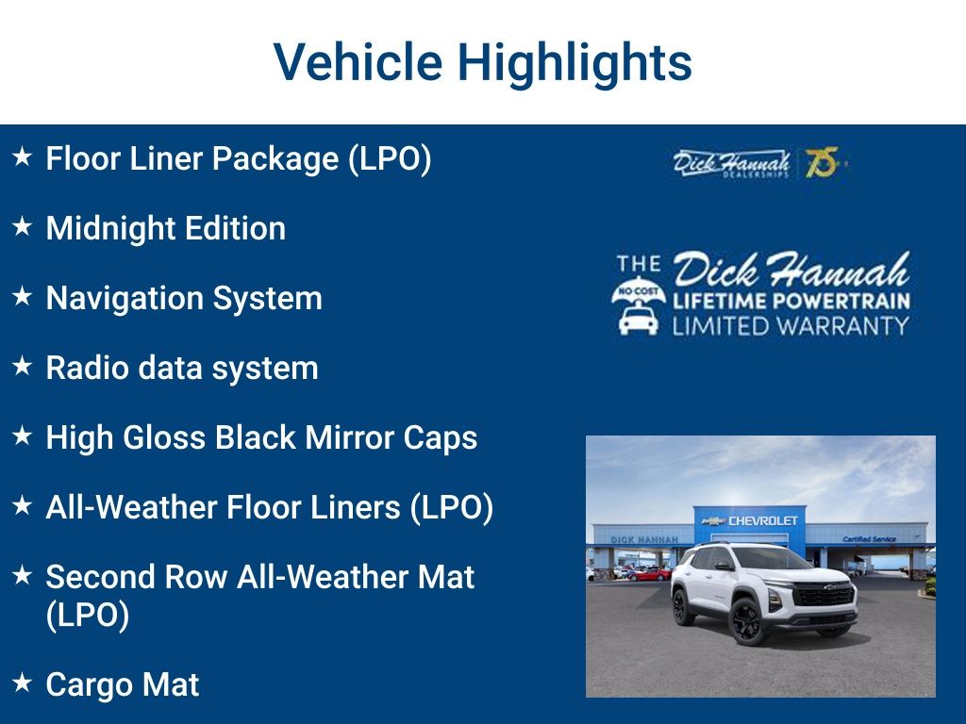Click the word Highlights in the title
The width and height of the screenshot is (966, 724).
tap(575, 62)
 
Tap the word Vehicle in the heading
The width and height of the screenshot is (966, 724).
tap(358, 62)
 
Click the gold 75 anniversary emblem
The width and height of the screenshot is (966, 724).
tap(822, 163)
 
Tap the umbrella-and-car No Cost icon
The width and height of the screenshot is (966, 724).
tap(639, 305)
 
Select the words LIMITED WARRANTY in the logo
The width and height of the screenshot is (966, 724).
tap(791, 326)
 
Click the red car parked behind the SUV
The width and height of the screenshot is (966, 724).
tap(651, 573)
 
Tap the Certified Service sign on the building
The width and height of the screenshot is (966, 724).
tap(870, 539)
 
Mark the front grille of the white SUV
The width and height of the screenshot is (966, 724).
tap(823, 597)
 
